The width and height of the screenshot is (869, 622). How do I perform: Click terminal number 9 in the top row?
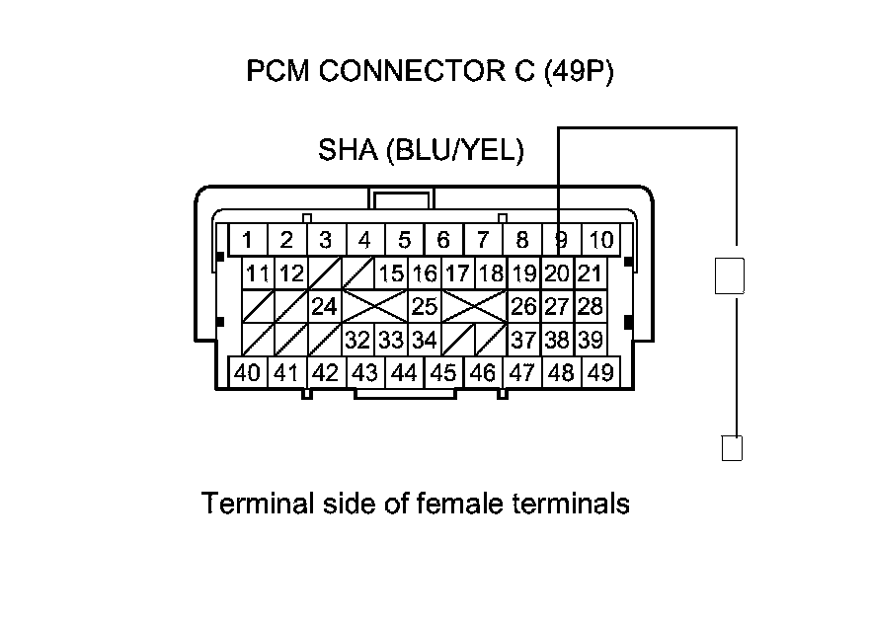[561, 239]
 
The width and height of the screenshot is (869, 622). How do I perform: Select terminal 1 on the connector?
[248, 239]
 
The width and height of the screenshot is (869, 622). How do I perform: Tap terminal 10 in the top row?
[601, 239]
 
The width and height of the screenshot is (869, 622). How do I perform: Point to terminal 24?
[324, 306]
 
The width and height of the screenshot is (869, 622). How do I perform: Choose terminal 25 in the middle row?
[425, 306]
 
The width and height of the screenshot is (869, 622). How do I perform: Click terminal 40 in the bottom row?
[248, 373]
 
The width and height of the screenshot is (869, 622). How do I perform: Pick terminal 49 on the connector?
[600, 373]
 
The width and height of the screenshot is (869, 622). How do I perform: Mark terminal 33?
[391, 341]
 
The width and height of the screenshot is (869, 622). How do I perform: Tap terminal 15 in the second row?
[391, 273]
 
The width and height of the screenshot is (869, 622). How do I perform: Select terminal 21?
[590, 273]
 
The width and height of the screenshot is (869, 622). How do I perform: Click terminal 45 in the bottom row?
[443, 373]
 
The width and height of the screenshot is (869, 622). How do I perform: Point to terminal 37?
[523, 341]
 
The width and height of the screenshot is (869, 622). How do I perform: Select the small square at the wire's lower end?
[732, 447]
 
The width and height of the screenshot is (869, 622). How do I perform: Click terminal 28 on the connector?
[590, 306]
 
